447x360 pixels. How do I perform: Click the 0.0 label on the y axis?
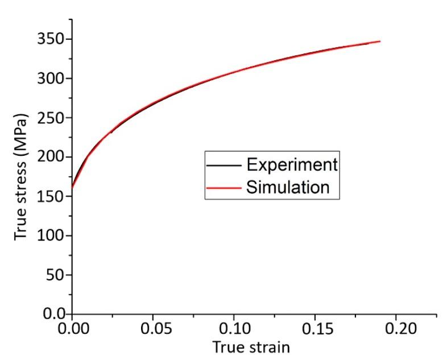click(56, 314)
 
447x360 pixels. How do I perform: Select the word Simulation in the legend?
click(288, 187)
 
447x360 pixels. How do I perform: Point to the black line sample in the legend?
click(225, 165)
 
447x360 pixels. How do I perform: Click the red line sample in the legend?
click(225, 187)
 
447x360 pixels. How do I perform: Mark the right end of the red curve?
click(379, 42)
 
